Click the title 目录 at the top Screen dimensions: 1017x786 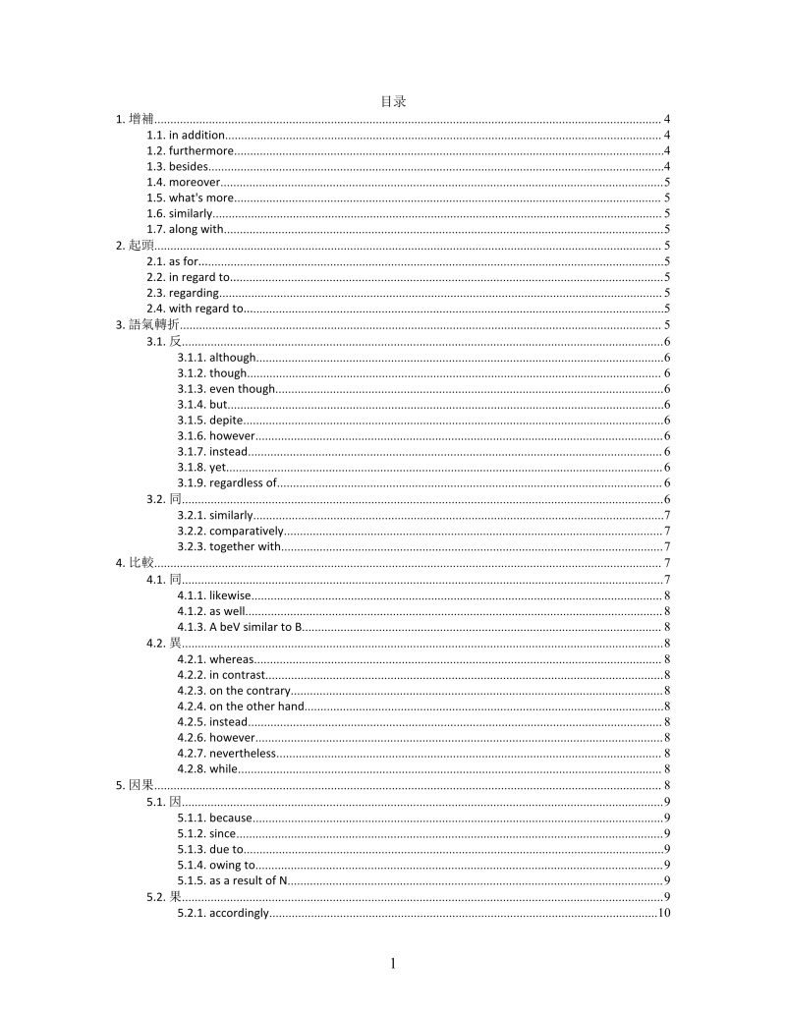tap(393, 101)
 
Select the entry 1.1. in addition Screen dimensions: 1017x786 tap(186, 136)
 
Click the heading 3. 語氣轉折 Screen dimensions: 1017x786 tap(146, 325)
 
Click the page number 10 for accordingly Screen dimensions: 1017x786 tap(664, 913)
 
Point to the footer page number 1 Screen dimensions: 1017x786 tap(393, 964)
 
